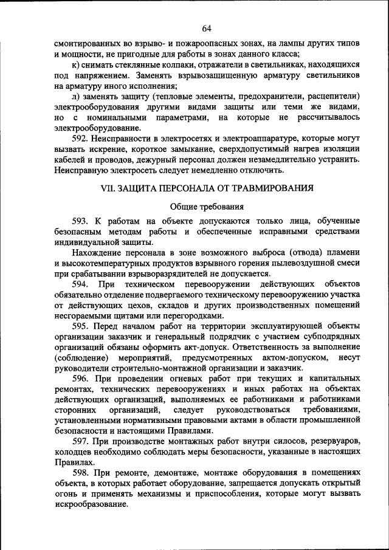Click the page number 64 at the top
(206, 29)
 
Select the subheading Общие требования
(207, 207)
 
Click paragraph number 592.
(81, 139)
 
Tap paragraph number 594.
(81, 284)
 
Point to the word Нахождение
(94, 253)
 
